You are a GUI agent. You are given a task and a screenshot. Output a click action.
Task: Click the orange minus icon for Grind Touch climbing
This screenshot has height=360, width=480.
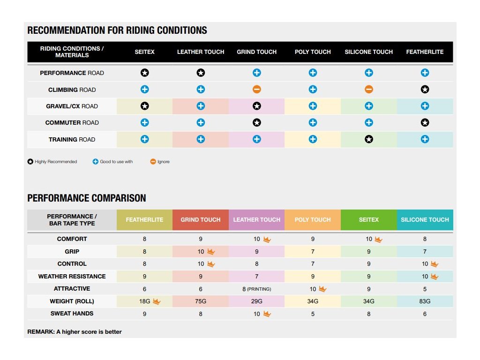click(x=257, y=90)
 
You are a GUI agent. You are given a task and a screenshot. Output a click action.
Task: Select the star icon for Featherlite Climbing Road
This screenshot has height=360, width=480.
click(x=425, y=90)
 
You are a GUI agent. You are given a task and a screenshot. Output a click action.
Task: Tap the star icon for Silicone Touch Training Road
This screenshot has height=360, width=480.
click(x=369, y=139)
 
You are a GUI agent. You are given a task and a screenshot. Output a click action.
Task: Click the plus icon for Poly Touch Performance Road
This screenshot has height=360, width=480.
click(x=313, y=73)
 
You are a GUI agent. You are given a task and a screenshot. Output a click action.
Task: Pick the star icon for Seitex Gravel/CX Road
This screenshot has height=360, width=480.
click(x=145, y=106)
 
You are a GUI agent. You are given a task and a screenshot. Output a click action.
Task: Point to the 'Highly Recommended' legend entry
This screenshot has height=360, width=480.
click(x=52, y=162)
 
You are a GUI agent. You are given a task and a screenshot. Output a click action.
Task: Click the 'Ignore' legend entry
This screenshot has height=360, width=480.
click(x=160, y=162)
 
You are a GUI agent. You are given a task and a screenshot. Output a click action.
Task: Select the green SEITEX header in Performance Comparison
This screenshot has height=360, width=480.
click(x=369, y=219)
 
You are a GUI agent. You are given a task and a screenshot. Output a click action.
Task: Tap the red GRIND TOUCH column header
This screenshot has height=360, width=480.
click(x=201, y=219)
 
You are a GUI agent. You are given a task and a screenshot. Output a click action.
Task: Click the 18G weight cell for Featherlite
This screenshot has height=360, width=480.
click(x=144, y=301)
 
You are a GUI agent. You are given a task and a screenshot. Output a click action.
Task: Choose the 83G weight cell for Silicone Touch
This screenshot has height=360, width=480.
click(x=425, y=301)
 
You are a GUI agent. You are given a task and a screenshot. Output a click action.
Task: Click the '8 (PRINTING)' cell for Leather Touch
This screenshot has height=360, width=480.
click(x=256, y=289)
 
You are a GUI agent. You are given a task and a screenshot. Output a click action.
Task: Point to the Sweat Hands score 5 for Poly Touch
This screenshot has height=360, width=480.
click(x=313, y=314)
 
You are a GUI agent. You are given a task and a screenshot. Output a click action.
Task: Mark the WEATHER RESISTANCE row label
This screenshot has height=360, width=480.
click(x=72, y=277)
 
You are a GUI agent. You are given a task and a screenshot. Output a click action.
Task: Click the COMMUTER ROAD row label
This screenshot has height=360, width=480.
click(x=72, y=123)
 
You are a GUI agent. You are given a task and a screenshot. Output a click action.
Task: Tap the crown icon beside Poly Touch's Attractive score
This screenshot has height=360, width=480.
click(x=322, y=289)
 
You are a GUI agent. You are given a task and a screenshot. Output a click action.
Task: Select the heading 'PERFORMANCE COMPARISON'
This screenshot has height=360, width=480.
click(x=87, y=198)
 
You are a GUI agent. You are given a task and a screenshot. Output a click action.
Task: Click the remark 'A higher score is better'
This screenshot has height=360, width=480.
click(x=75, y=332)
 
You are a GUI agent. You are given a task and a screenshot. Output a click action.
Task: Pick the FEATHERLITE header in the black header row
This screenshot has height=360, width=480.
click(x=425, y=52)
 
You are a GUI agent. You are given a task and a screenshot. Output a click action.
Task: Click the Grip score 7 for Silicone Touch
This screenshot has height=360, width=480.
click(x=425, y=252)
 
